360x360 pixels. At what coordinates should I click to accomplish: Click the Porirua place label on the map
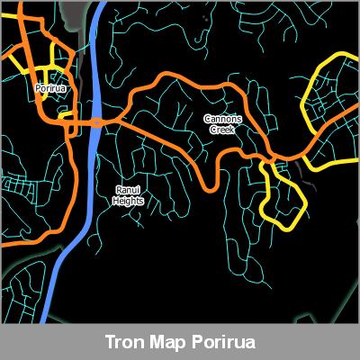[50, 89]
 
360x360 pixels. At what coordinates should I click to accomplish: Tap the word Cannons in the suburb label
[221, 119]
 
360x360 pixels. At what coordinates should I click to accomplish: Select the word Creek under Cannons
[221, 130]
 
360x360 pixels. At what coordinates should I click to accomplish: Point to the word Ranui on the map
[127, 190]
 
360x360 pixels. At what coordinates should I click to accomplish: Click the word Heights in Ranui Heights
[128, 201]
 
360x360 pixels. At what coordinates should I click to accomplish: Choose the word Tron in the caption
[123, 343]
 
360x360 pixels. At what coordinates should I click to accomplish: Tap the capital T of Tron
[109, 343]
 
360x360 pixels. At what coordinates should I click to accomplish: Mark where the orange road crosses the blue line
[95, 122]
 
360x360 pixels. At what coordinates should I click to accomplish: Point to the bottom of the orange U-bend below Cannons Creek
[212, 187]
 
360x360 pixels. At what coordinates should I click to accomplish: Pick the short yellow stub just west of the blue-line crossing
[65, 115]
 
